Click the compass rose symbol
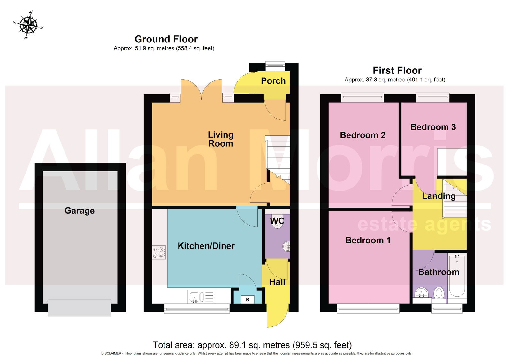28,25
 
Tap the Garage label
80,211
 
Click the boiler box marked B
248,299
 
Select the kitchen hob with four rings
159,253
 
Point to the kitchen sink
201,297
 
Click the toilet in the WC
278,221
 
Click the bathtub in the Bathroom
457,276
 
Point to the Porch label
273,81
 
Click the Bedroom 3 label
433,127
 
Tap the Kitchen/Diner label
206,246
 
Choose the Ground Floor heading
166,39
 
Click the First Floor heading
397,71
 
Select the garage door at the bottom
79,308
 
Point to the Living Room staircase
278,160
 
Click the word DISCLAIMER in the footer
111,353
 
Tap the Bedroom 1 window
368,309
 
